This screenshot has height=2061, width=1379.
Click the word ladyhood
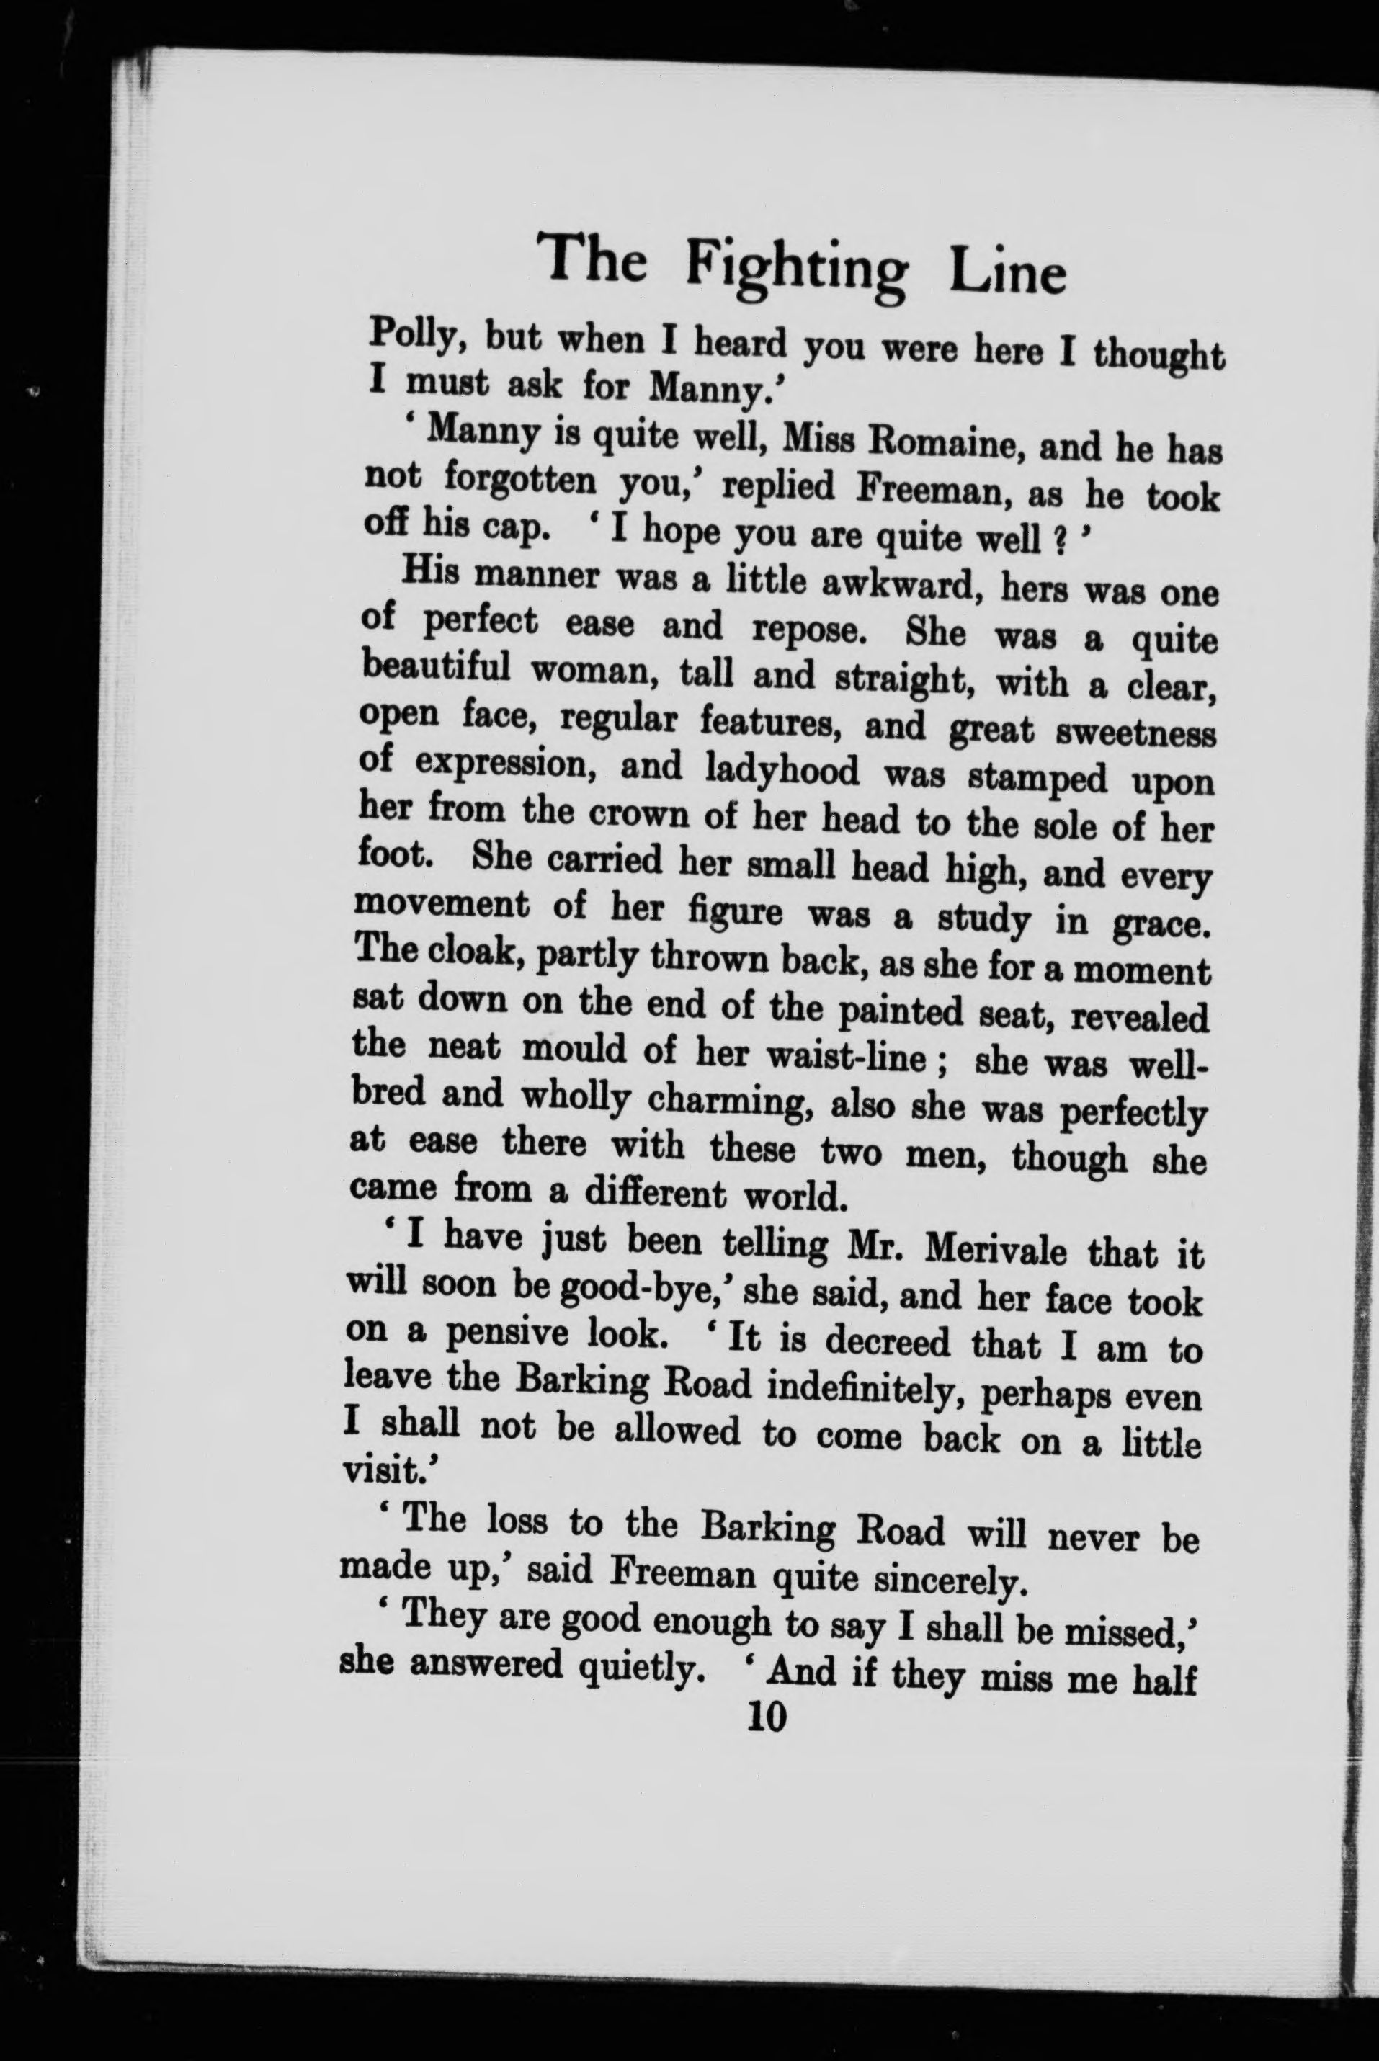coord(782,770)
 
